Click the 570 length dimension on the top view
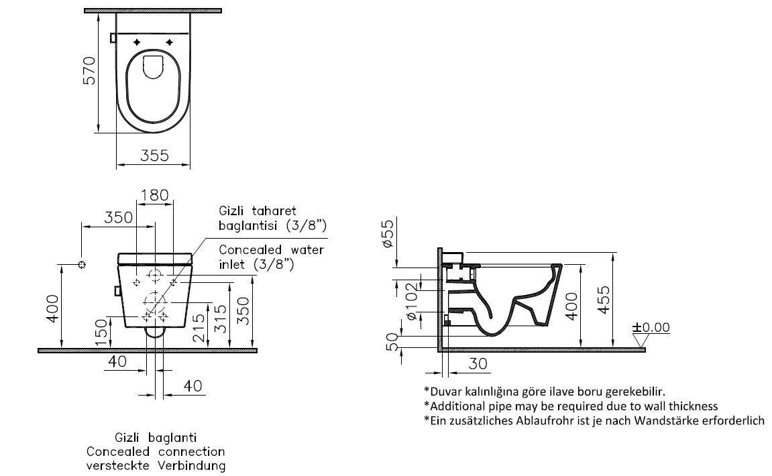coord(89,70)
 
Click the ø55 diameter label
coord(386,236)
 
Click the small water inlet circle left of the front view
coord(82,265)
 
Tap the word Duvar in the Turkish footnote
coord(442,391)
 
